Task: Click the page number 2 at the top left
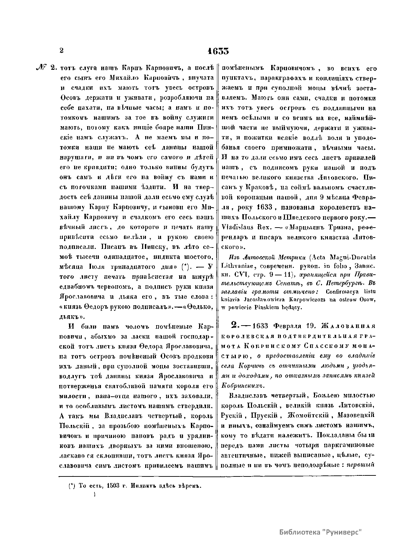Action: click(62, 50)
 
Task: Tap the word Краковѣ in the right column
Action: click(264, 188)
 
